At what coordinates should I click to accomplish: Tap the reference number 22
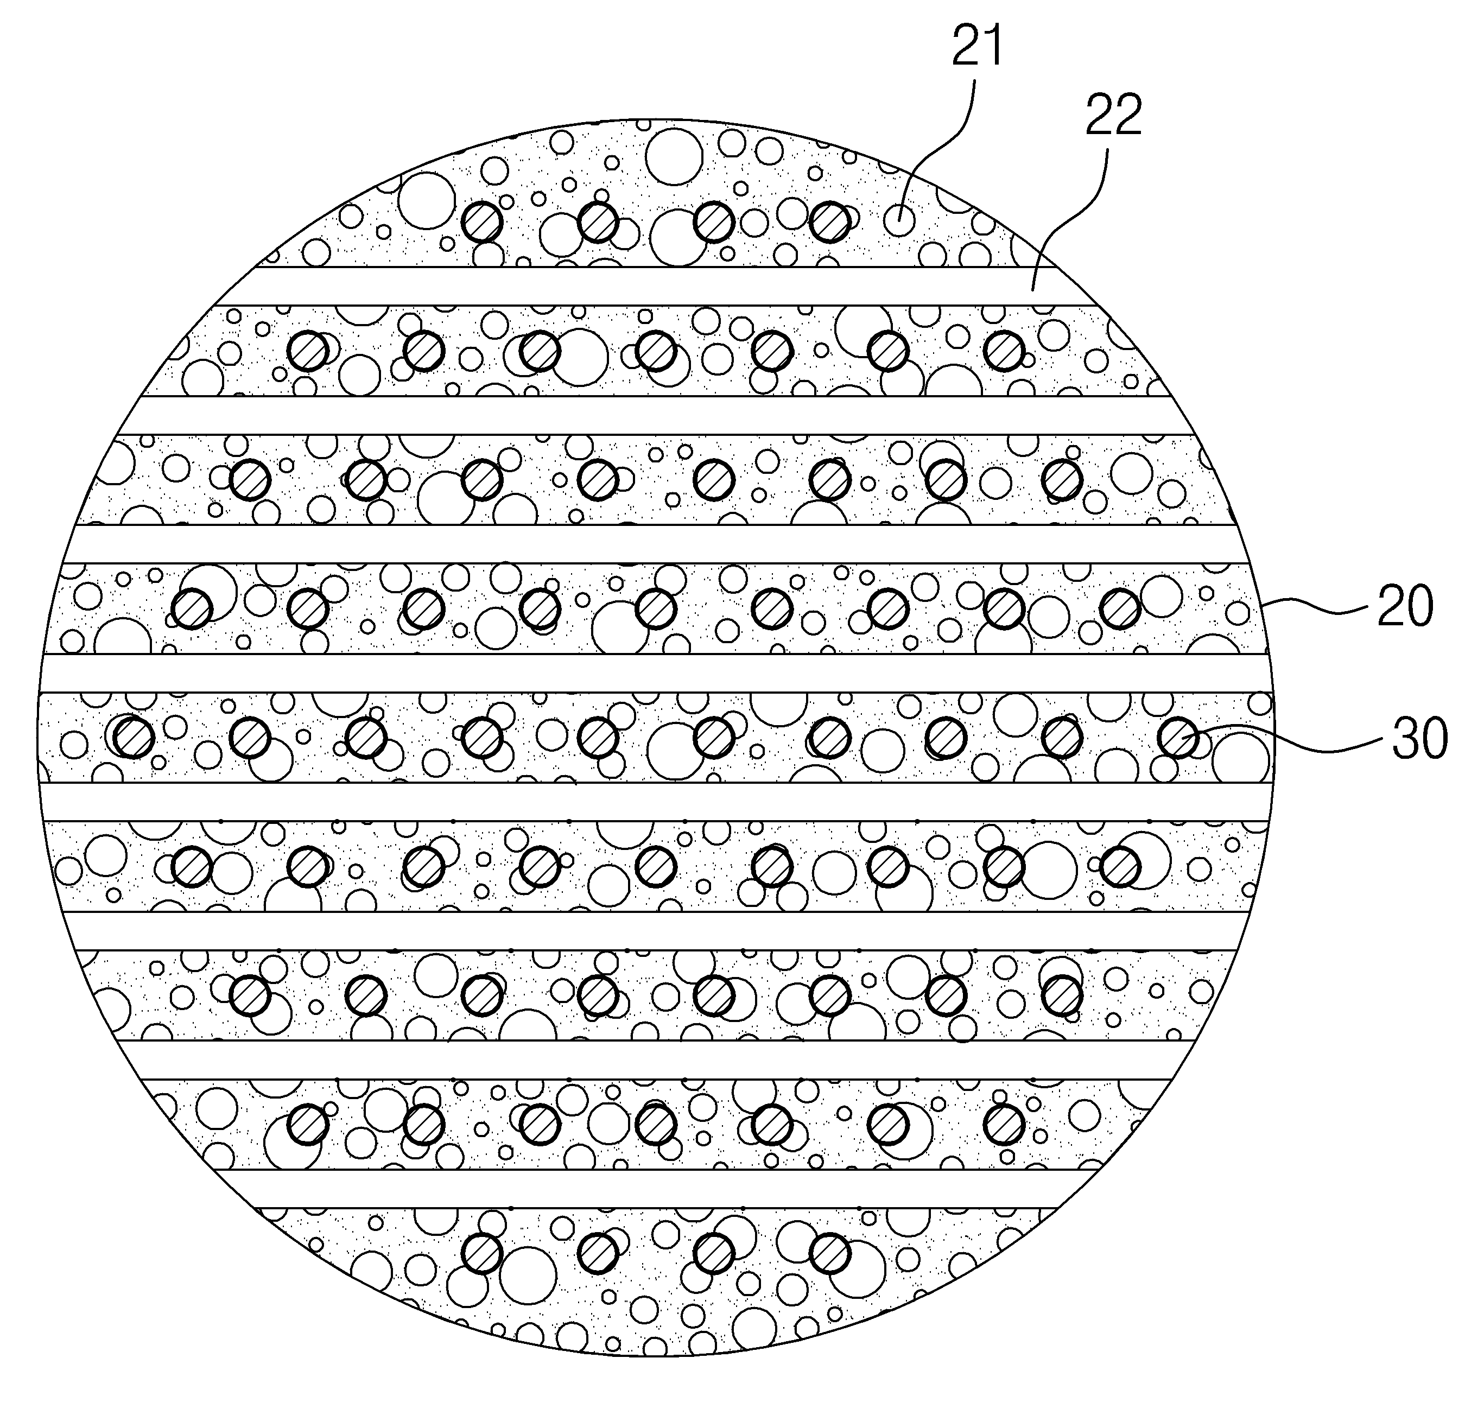pos(1114,116)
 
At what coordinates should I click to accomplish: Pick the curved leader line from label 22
pos(1071,219)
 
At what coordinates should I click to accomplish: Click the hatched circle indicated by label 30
pos(1178,737)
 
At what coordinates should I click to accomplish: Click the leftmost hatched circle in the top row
pos(482,222)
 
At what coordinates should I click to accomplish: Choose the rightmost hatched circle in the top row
pos(830,222)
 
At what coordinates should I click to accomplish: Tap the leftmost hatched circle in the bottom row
pos(482,1254)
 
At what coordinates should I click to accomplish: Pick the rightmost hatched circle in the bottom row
pos(830,1254)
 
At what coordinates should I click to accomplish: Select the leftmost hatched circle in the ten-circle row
pos(134,737)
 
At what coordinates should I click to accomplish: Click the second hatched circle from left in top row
pos(598,222)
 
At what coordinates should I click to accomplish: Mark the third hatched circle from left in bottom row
pos(714,1254)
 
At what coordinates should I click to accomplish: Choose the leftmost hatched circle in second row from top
pos(308,351)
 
